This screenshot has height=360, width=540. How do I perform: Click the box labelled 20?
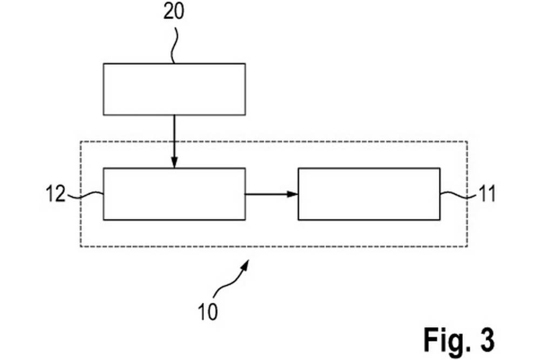(x=174, y=89)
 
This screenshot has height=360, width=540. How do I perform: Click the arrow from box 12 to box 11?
(x=270, y=194)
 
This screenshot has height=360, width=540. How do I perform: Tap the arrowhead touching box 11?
(x=293, y=194)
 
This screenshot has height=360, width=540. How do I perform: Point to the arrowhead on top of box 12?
(x=174, y=163)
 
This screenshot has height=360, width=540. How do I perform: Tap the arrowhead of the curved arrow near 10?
(x=247, y=263)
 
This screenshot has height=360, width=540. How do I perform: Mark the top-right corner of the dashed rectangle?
(x=468, y=141)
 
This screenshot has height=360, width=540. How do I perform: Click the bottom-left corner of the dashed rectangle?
(x=80, y=247)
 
